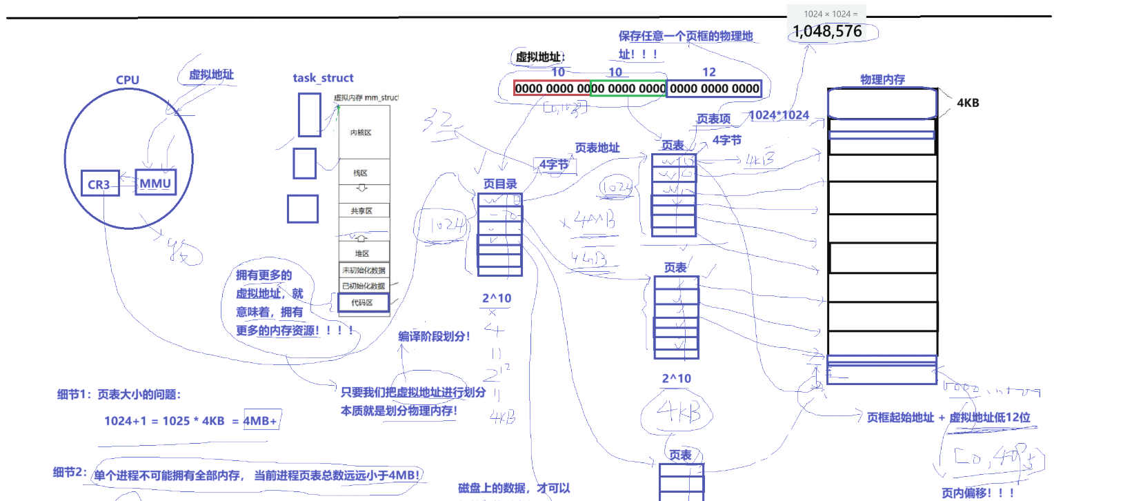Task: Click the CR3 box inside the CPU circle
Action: [99, 184]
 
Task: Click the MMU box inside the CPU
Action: [155, 183]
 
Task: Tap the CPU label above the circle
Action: [128, 80]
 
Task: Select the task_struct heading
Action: [323, 78]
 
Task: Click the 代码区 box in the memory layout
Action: [363, 302]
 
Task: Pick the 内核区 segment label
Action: [361, 132]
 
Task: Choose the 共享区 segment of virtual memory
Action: [361, 210]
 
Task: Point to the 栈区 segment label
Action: [361, 173]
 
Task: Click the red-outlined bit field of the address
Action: [552, 88]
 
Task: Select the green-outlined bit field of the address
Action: [628, 88]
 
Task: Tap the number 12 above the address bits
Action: [709, 72]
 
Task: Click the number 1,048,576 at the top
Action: [827, 31]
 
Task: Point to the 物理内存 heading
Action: [882, 79]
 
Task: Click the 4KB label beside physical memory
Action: [968, 103]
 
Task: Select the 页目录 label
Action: [499, 184]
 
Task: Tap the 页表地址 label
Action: [597, 148]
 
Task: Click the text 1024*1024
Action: [779, 115]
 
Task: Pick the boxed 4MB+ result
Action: [261, 420]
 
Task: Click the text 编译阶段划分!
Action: [434, 336]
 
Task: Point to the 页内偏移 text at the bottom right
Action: [977, 493]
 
